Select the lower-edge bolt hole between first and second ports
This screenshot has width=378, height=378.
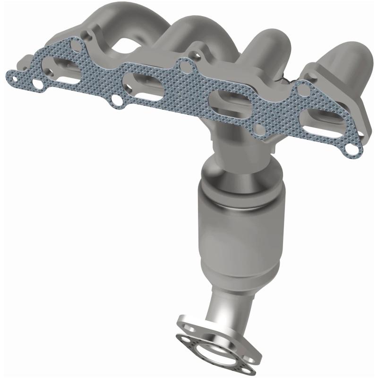click(x=115, y=100)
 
